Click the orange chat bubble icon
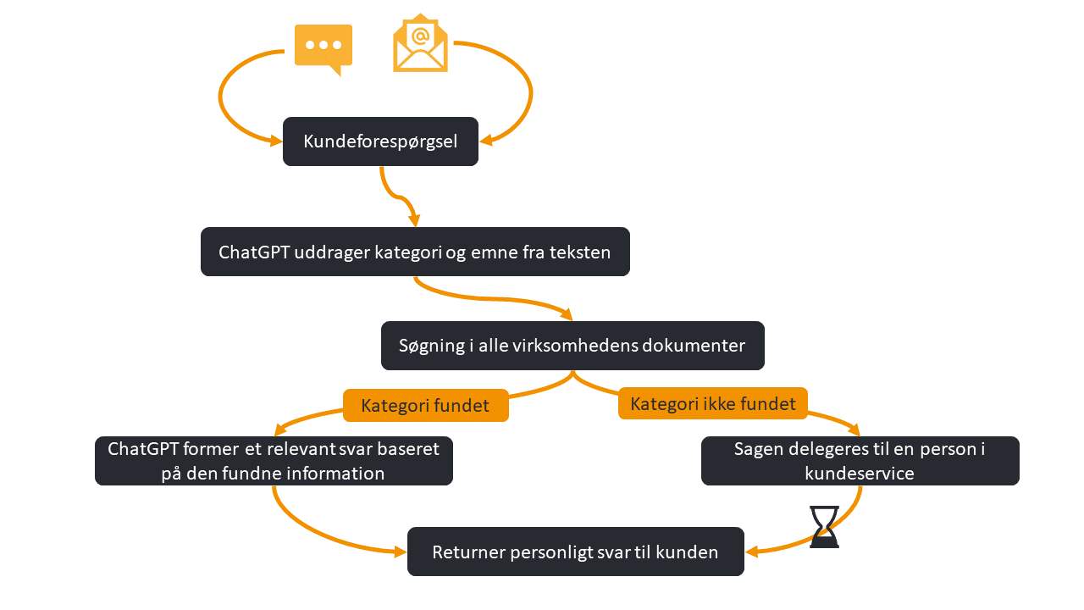click(323, 47)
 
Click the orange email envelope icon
click(420, 44)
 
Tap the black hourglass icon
click(824, 527)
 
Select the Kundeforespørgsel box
click(380, 141)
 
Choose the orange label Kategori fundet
click(425, 406)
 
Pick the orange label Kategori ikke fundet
click(713, 403)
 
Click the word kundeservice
click(859, 474)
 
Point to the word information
click(331, 473)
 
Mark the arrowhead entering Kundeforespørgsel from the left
click(276, 141)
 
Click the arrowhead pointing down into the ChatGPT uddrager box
click(414, 221)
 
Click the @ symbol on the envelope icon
click(420, 35)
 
